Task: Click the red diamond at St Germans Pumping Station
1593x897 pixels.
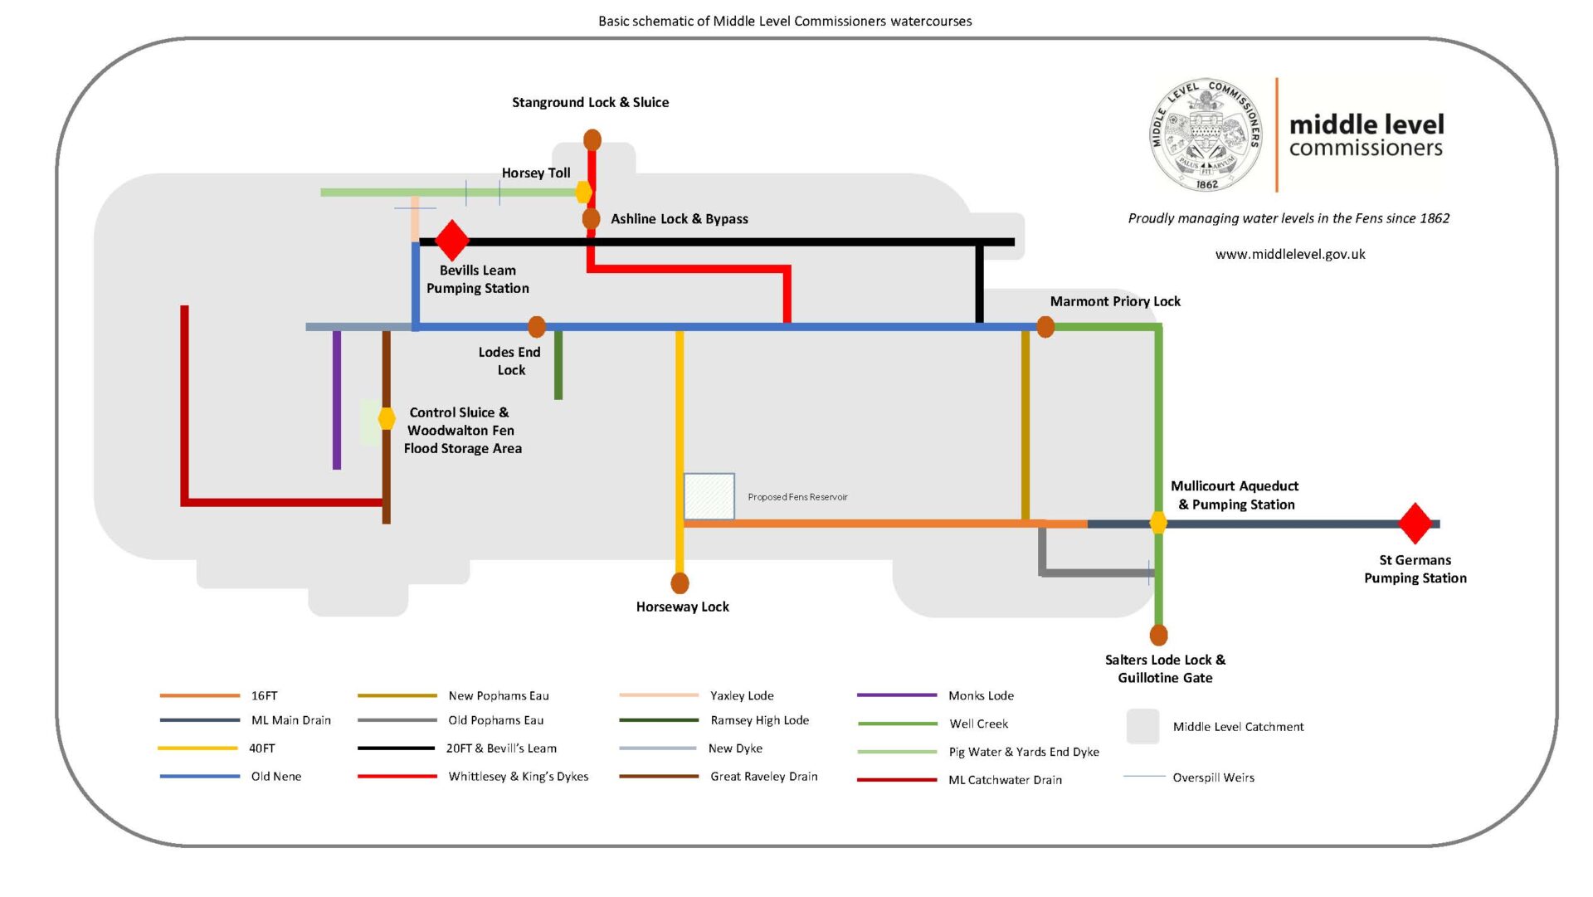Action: (x=1415, y=524)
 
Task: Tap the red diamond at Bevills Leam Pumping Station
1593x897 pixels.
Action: (x=452, y=241)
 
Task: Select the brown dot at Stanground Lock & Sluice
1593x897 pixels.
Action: (x=592, y=139)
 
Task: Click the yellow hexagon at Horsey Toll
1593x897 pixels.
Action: (x=584, y=193)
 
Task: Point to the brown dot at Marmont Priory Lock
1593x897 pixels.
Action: (x=1045, y=327)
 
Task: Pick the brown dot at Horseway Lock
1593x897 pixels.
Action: (x=680, y=583)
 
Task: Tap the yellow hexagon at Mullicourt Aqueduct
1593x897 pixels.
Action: (x=1158, y=523)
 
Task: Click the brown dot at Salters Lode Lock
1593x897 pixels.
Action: (x=1159, y=635)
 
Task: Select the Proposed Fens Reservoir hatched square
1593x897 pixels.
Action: (x=709, y=496)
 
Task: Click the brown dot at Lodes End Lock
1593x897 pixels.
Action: (x=537, y=327)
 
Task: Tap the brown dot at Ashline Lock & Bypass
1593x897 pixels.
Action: (x=591, y=219)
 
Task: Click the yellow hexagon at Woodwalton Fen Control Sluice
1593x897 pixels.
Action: (x=387, y=418)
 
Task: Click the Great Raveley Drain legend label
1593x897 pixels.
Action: (x=764, y=777)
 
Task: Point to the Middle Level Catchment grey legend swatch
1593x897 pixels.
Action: (x=1142, y=726)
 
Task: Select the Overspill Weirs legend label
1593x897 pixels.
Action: (x=1213, y=778)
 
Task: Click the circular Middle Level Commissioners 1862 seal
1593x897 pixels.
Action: (x=1207, y=135)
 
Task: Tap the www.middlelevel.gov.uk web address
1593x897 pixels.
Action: (x=1290, y=254)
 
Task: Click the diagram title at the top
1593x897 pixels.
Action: (x=785, y=21)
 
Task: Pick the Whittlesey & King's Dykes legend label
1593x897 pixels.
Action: (x=519, y=777)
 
